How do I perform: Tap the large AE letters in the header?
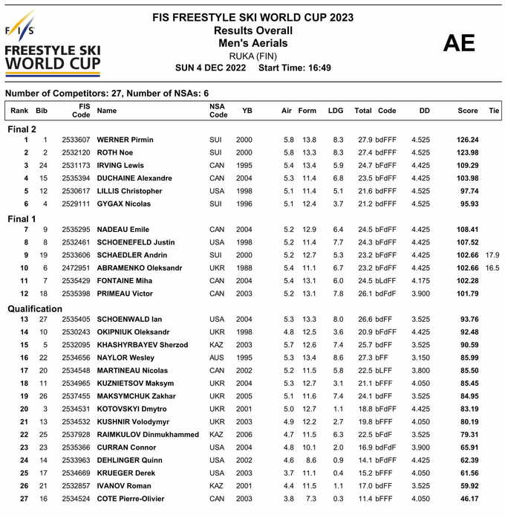point(458,43)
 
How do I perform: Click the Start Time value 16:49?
point(316,68)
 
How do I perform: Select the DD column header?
point(424,111)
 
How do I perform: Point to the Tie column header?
point(494,111)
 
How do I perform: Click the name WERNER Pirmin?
point(126,140)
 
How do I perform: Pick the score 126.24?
point(467,140)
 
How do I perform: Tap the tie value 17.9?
point(492,255)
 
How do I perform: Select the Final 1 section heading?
point(22,219)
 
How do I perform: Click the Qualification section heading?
point(36,308)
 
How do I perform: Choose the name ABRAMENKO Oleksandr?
point(140,268)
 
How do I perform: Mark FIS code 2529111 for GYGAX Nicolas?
point(76,204)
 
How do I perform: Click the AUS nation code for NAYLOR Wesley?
point(216,357)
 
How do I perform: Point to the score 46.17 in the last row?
point(468,499)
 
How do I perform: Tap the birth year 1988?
point(244,268)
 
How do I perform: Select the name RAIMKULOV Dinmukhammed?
point(146,434)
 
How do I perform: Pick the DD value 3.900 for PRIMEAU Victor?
point(420,294)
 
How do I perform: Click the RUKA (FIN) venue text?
point(252,56)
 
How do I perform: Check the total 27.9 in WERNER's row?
point(365,140)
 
